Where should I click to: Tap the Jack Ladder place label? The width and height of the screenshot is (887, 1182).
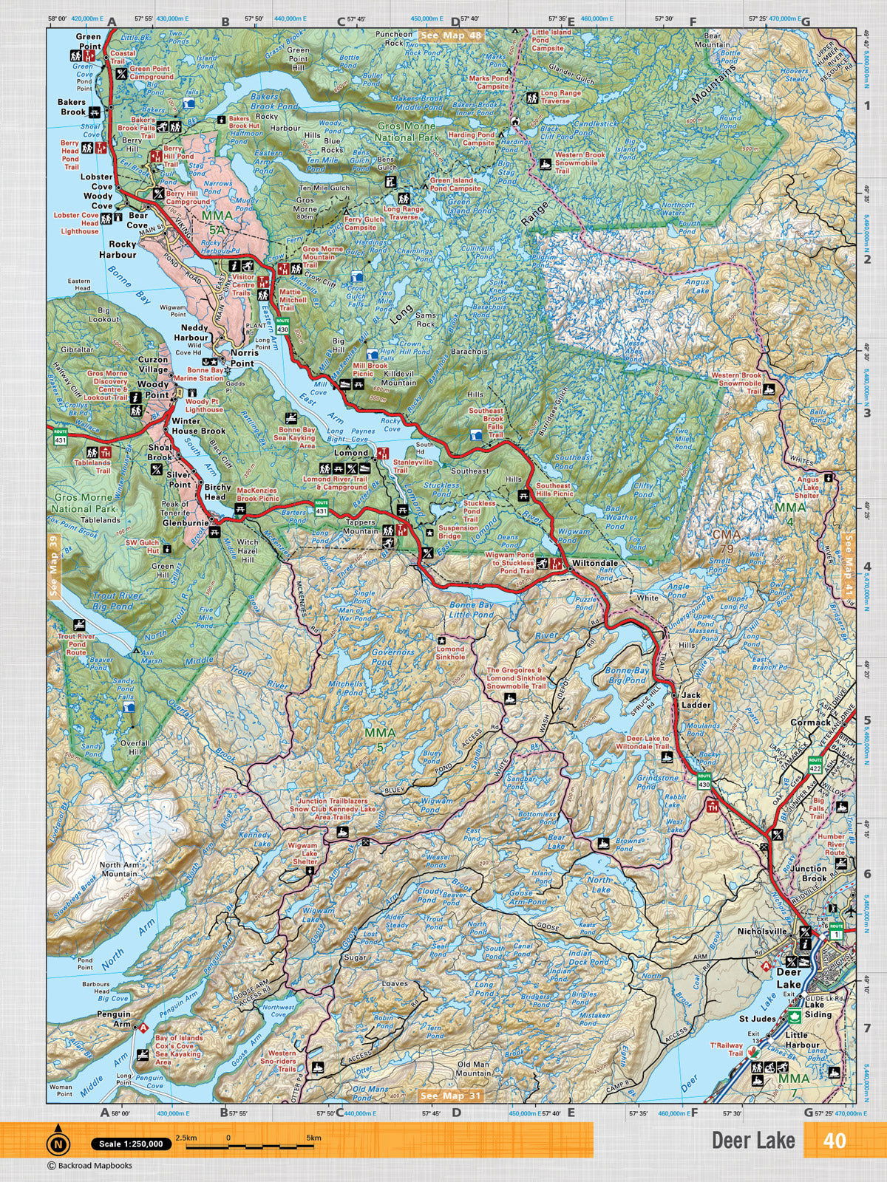pos(696,700)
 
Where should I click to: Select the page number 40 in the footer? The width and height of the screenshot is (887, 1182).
pos(835,1140)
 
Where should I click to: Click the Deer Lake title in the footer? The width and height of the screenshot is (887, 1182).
pos(753,1140)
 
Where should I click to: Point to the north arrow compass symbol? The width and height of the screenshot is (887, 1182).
pos(57,1144)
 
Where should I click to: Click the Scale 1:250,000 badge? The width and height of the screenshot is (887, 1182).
pos(131,1144)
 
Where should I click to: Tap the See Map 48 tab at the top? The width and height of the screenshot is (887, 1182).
pos(450,35)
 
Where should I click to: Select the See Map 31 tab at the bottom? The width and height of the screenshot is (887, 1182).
pos(450,1095)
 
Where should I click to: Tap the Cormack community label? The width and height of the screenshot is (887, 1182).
pos(810,722)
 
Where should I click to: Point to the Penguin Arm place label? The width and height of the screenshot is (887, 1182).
pos(112,1019)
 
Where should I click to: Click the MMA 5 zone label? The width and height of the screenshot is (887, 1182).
pos(381,739)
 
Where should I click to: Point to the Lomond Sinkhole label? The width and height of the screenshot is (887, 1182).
pos(451,653)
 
